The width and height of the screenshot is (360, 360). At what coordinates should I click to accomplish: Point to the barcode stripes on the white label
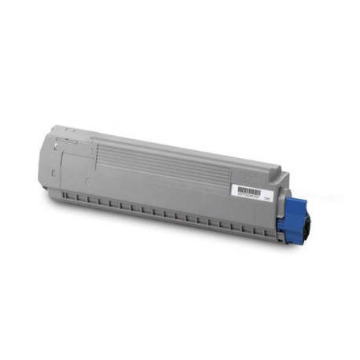[x=249, y=189]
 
